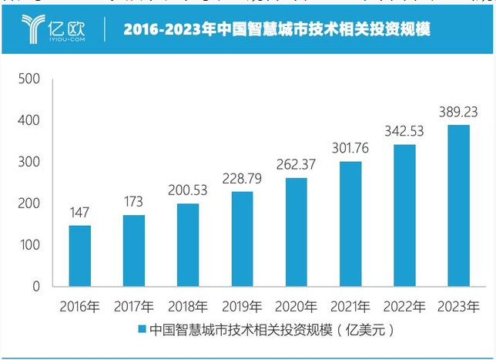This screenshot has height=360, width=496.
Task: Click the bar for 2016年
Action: [x=80, y=256]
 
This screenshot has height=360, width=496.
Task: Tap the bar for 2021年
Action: [x=350, y=224]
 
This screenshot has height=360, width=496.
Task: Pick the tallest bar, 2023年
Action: [x=458, y=206]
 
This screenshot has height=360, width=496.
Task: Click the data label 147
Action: [x=80, y=211]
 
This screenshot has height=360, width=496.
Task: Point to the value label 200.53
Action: [x=188, y=190]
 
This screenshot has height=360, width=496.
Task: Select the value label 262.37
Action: [x=297, y=164]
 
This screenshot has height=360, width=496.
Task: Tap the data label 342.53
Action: [x=404, y=130]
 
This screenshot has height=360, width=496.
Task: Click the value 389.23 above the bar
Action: [x=458, y=111]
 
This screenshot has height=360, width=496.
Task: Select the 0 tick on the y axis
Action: [x=35, y=287]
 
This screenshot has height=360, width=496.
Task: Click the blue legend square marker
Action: [x=141, y=330]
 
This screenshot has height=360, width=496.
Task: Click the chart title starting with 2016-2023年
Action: [x=276, y=29]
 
